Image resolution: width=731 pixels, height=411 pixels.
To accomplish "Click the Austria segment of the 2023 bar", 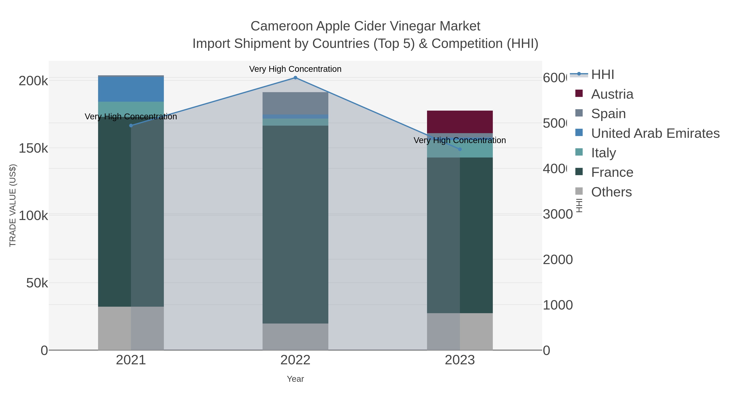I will click(x=460, y=122).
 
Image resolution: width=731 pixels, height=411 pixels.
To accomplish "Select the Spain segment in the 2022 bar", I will click(x=295, y=103).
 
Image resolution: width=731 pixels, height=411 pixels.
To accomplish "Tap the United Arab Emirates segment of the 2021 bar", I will click(x=131, y=89).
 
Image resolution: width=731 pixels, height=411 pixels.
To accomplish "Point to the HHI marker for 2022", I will click(x=295, y=78).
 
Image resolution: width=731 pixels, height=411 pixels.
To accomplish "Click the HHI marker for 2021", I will click(x=131, y=125).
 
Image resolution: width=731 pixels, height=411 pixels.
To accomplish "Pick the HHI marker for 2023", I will click(x=460, y=149).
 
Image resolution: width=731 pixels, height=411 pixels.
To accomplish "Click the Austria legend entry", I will click(x=612, y=94).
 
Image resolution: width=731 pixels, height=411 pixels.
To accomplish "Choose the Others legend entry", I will click(x=611, y=192).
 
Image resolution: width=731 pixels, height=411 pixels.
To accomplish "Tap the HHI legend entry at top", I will click(x=602, y=75).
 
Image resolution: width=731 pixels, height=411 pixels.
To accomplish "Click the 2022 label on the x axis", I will click(x=295, y=360).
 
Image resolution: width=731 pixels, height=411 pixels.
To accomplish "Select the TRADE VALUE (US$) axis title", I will click(x=13, y=205).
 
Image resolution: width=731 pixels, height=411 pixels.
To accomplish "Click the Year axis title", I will click(x=295, y=379).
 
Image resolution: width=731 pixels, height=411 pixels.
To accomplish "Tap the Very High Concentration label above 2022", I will click(x=295, y=69).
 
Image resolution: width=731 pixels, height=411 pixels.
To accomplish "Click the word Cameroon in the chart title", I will click(x=281, y=26).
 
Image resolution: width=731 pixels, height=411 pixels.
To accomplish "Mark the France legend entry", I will click(x=612, y=173).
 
